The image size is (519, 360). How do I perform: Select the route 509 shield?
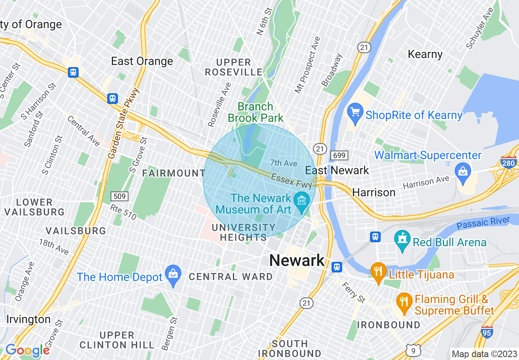tap(120, 196)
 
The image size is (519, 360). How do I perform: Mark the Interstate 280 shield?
tap(509, 162)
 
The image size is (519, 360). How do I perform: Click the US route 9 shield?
tap(414, 349)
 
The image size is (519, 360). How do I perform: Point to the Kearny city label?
tap(425, 54)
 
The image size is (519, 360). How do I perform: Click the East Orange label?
tap(142, 61)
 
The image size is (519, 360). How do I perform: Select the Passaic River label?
tap(483, 223)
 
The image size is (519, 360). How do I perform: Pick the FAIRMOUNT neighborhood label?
tap(174, 173)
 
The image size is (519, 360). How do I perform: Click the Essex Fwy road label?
tap(291, 180)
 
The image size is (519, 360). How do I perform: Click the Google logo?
tap(27, 350)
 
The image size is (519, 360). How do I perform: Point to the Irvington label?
tap(28, 319)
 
